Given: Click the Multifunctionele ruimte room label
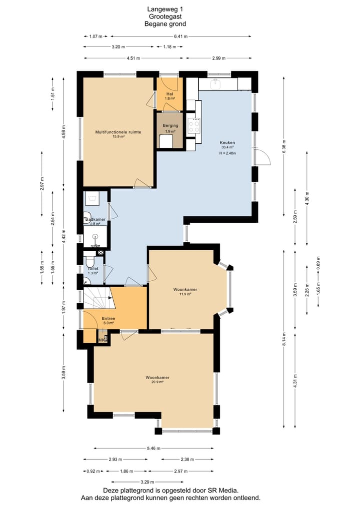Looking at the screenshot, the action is (118, 132).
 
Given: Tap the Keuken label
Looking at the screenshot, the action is (227, 142).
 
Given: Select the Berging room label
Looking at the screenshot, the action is (170, 125).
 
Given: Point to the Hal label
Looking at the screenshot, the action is (169, 94).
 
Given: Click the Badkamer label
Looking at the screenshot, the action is (95, 219).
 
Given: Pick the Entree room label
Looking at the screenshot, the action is (108, 319).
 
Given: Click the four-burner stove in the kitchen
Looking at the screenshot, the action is (194, 125).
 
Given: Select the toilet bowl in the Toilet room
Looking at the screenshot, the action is (90, 261).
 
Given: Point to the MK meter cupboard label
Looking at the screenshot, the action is (102, 340).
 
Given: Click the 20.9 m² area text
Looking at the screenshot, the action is (157, 382).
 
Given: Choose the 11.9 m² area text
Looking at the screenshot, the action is (185, 294).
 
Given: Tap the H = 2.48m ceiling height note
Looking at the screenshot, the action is (227, 153).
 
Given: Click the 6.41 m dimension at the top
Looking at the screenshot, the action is (180, 36).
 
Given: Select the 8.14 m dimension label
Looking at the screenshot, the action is (284, 339).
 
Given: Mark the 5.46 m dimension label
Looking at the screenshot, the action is (153, 449).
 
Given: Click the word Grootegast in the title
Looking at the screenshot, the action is (165, 16).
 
